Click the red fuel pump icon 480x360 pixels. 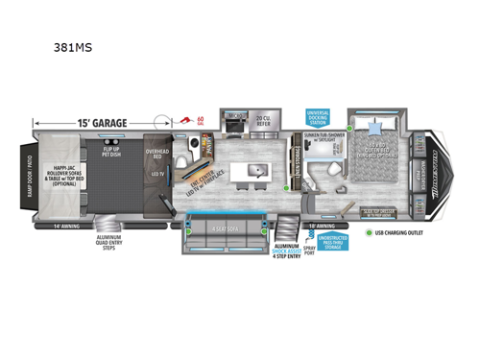point(185,122)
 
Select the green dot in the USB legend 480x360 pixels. point(370,232)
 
